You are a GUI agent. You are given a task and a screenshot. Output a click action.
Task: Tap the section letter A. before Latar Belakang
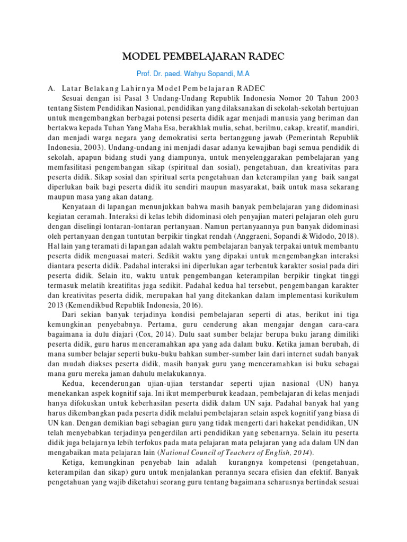51,88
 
